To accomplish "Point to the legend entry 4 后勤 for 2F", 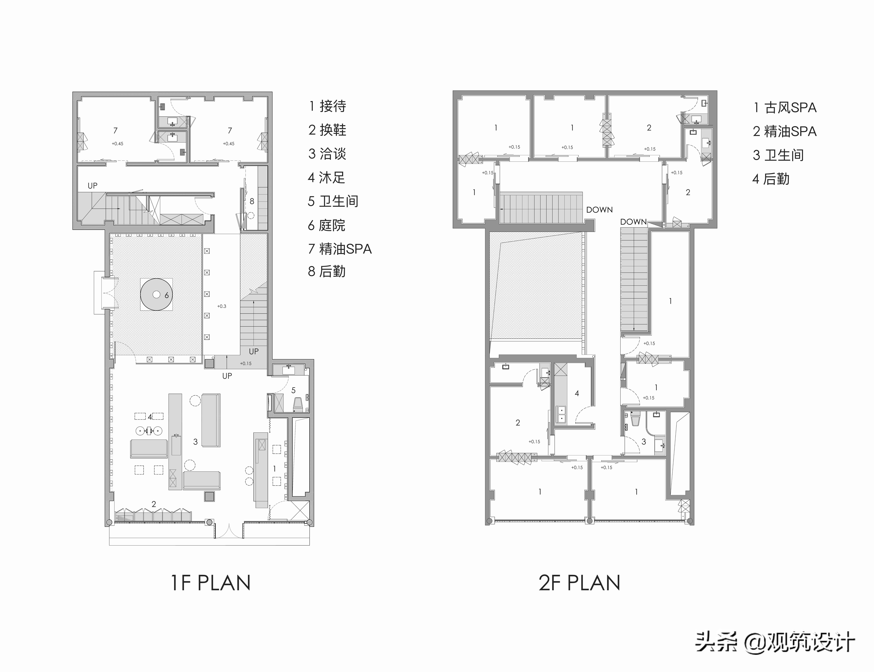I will click(x=771, y=179).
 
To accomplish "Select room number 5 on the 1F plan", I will click(x=293, y=390).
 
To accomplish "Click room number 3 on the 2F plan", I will click(x=644, y=442).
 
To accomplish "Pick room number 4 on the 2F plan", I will click(x=577, y=393).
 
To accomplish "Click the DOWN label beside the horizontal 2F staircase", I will click(x=599, y=210).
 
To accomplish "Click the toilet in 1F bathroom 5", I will click(x=298, y=404).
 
